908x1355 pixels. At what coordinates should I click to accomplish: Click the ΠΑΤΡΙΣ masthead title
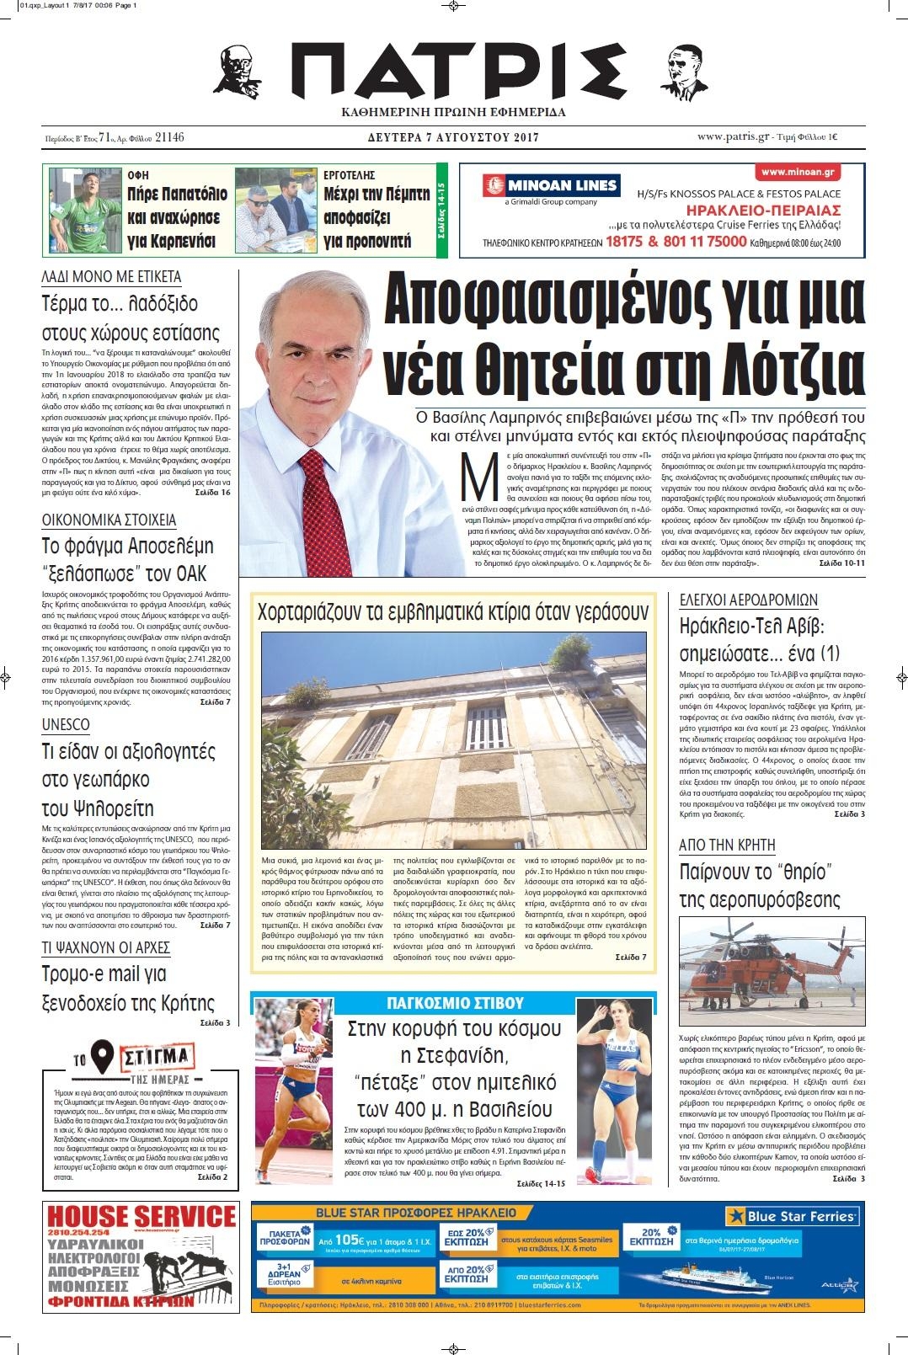point(456,72)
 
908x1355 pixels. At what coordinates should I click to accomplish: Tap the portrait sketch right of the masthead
point(686,72)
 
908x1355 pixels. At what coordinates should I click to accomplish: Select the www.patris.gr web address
point(733,137)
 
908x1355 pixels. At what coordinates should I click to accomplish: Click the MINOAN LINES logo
point(552,186)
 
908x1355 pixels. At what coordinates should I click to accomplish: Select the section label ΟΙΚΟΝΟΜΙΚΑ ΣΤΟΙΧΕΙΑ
point(109,520)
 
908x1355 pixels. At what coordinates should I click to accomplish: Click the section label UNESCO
point(66,724)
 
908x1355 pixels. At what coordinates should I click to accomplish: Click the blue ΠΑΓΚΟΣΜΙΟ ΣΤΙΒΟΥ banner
point(455,1003)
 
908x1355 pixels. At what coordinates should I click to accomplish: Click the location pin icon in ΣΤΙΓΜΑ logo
point(102,1055)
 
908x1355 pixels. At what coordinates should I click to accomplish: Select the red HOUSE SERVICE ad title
point(141,1217)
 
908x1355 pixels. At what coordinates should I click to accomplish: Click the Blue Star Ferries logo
point(792,1216)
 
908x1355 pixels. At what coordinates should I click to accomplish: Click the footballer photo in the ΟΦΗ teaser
point(85,211)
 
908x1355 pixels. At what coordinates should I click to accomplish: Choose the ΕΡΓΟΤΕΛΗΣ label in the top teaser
point(349,175)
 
